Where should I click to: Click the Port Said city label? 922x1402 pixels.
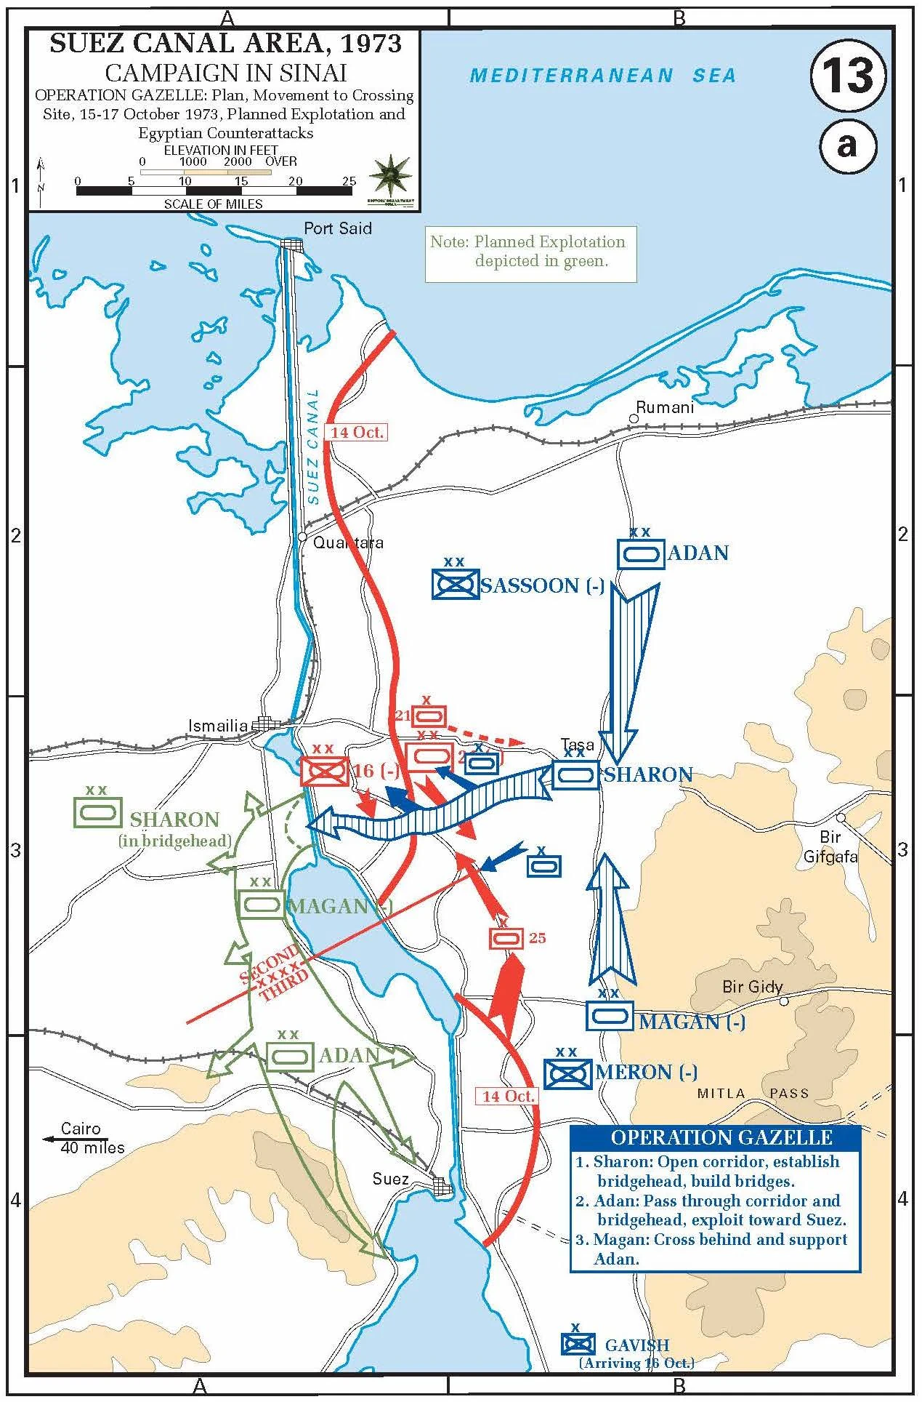337,228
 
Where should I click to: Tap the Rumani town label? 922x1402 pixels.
665,407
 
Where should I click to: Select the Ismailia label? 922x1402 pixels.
218,725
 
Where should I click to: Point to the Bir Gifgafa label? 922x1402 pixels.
830,847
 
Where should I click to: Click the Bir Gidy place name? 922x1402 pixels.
752,987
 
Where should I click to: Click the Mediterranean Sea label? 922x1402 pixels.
602,76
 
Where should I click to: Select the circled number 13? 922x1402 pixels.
848,76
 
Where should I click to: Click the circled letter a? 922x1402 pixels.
847,145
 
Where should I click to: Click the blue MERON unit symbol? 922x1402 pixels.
567,1073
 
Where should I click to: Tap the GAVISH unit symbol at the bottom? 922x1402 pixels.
578,1345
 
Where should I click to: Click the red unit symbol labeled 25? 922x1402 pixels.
506,939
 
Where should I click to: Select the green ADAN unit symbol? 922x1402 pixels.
289,1057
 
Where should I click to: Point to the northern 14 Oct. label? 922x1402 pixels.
356,432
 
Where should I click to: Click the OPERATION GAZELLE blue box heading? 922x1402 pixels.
721,1137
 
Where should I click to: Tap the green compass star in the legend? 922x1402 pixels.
392,175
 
